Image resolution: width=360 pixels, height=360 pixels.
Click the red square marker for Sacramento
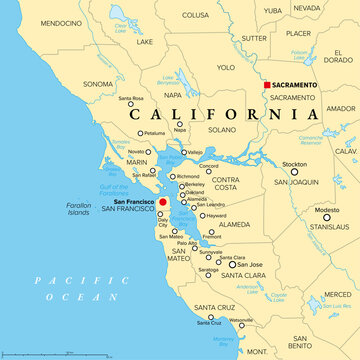coord(266,85)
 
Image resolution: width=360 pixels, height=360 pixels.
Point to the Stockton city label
coord(294,163)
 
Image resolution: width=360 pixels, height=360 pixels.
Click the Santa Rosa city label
coord(131,99)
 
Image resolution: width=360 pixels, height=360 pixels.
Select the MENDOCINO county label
coord(36,22)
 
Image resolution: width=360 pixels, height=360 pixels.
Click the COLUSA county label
coord(196,15)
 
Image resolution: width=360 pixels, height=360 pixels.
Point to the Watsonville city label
coord(243,320)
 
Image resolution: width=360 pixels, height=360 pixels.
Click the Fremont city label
coord(213,236)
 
